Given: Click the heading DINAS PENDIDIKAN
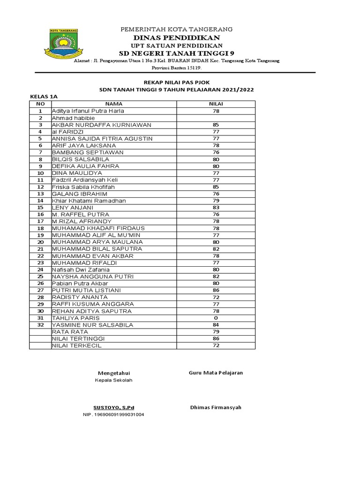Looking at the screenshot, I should pos(177,37).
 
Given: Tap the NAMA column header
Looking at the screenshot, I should pos(113,104).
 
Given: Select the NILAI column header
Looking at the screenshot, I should pos(216,104).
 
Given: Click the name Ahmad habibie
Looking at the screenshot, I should pos(73,118).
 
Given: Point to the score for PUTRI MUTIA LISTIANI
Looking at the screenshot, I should pos(216,290).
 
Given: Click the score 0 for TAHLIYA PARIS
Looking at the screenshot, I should pos(216,318).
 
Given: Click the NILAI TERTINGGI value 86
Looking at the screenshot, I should pos(216,338).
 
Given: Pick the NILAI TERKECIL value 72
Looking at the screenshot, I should pos(216,345).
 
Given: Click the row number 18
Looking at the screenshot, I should pos(40,228).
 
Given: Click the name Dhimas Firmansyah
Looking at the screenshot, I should pos(216,407).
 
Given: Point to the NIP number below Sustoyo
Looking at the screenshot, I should pos(113,415).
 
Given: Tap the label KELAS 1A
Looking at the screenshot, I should pos(44,97).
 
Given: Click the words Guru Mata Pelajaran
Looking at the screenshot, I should pos(216,373).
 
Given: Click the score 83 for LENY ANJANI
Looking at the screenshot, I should pos(216,207).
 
